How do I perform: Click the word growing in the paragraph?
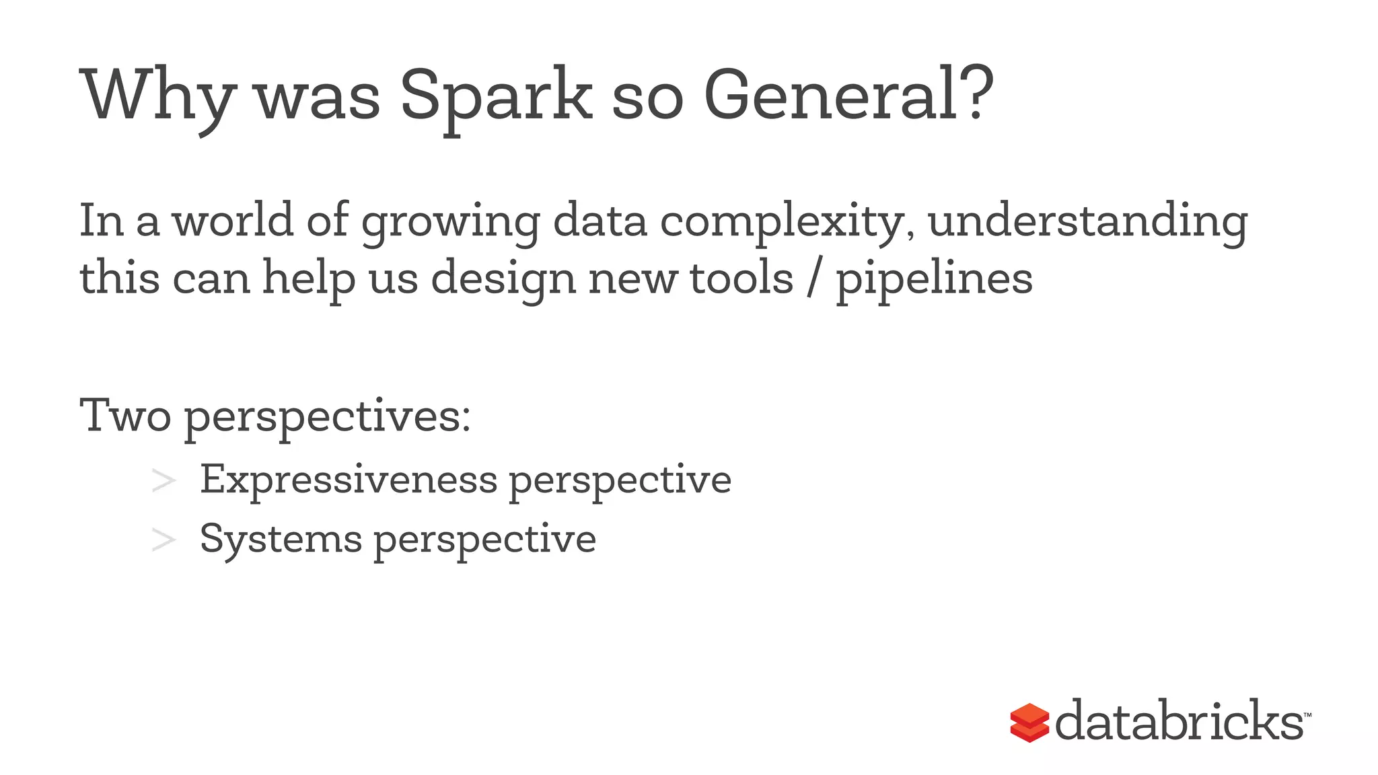(450, 221)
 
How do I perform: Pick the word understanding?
(1087, 221)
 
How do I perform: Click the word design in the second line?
(503, 279)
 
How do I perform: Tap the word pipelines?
(934, 279)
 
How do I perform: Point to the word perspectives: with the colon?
(327, 417)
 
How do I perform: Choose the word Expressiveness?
(349, 480)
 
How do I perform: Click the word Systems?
(281, 539)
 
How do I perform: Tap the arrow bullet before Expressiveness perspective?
(164, 481)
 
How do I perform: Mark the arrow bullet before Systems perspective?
(164, 540)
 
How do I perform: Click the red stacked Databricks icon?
(1029, 723)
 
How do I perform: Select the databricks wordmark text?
(1179, 721)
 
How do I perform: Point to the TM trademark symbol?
(1307, 714)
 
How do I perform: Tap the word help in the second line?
(308, 279)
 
